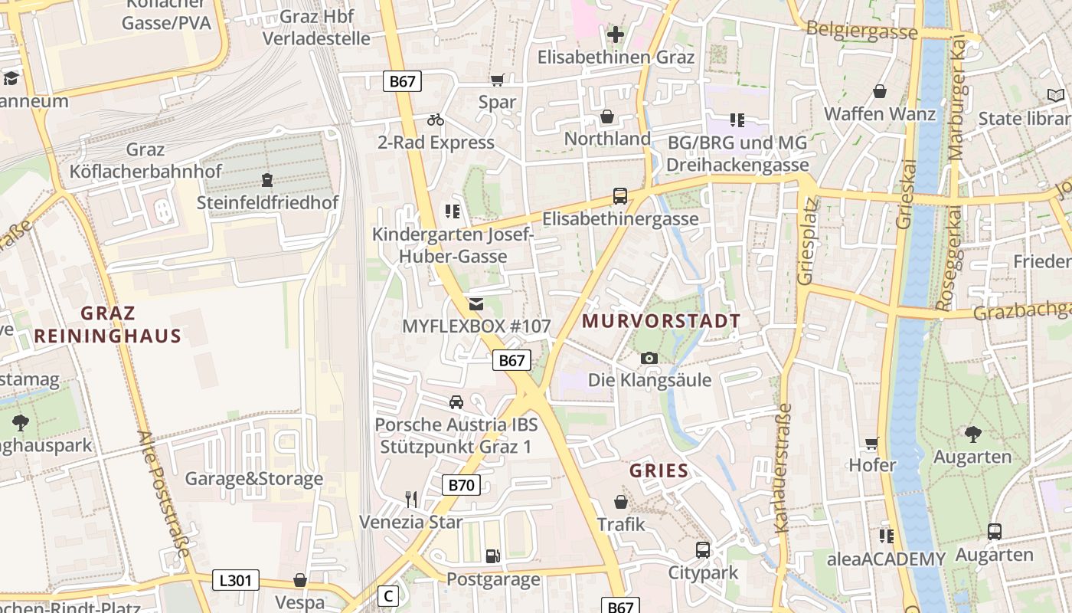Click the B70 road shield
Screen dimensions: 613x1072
461,484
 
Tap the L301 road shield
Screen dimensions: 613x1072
235,580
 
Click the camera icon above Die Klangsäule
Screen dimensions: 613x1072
649,358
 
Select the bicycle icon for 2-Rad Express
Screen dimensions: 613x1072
436,120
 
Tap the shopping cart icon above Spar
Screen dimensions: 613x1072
498,80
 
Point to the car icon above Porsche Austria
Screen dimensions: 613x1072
456,402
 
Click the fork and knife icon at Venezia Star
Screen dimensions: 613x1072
411,500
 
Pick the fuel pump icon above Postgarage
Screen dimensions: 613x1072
493,556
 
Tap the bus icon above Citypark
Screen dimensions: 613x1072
703,550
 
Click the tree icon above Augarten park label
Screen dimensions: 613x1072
972,434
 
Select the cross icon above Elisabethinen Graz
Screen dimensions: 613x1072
616,34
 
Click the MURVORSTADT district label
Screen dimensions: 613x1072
662,321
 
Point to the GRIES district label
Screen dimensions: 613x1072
659,470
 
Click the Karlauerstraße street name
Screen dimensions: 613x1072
782,467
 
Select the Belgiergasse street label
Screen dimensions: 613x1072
861,31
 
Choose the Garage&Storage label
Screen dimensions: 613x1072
254,479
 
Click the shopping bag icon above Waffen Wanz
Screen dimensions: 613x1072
880,92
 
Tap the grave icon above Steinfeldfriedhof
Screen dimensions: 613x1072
267,181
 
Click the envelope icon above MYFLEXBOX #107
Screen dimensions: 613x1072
476,304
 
